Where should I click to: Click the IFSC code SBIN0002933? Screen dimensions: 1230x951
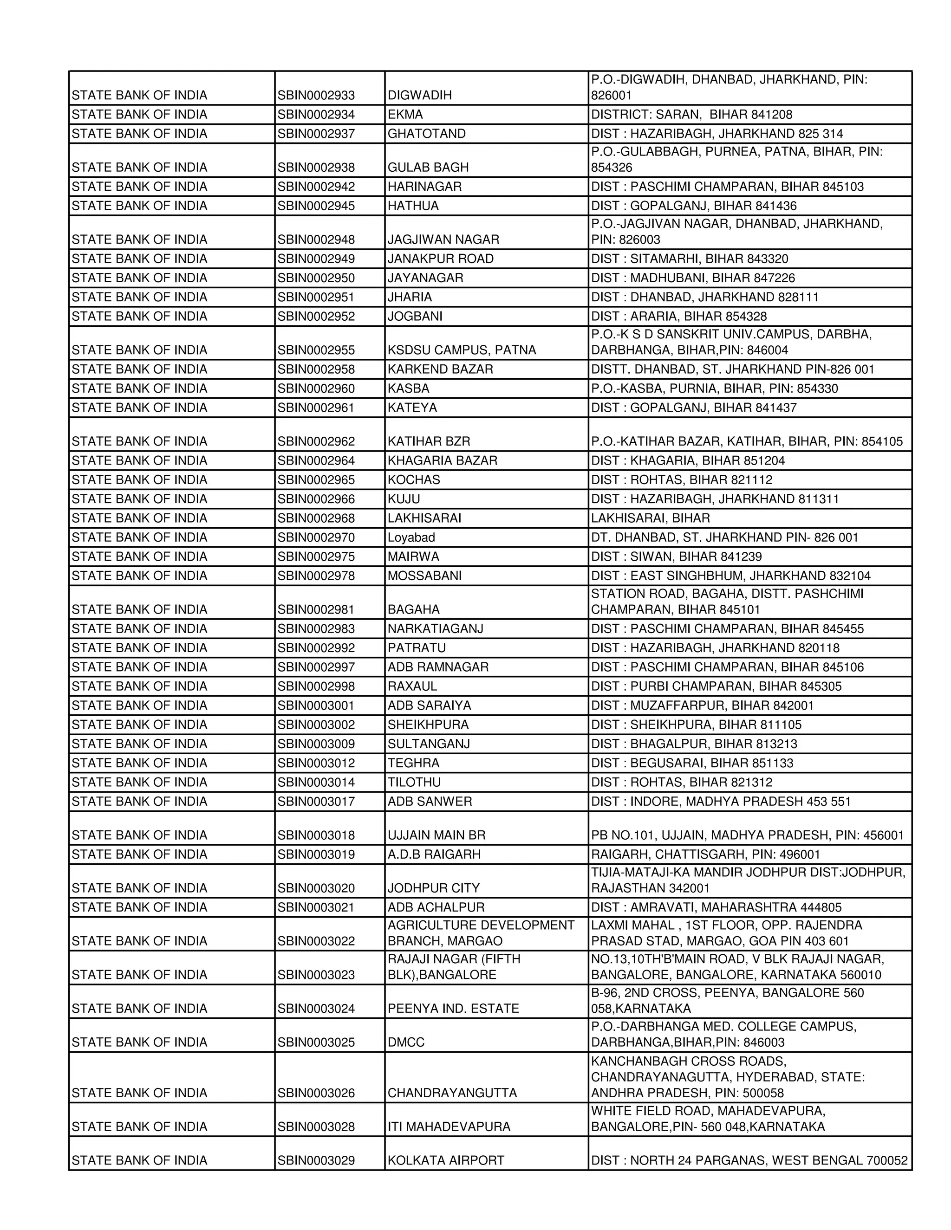pyautogui.click(x=316, y=95)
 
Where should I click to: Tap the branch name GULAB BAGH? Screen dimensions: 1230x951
pyautogui.click(x=428, y=167)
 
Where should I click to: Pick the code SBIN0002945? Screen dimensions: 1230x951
pyautogui.click(x=316, y=206)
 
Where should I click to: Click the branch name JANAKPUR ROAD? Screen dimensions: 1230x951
pyautogui.click(x=441, y=259)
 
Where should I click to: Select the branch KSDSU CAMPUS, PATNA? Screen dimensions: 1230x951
pyautogui.click(x=462, y=350)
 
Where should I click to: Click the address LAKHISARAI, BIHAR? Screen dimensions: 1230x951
pyautogui.click(x=650, y=518)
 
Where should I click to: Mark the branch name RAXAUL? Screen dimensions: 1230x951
pyautogui.click(x=412, y=686)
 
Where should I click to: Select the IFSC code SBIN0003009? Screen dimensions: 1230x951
pyautogui.click(x=316, y=744)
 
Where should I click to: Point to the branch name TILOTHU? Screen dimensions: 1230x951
pyautogui.click(x=414, y=782)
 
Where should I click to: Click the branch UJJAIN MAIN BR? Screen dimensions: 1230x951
pyautogui.click(x=436, y=835)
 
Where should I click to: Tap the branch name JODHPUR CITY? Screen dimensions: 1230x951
pyautogui.click(x=434, y=888)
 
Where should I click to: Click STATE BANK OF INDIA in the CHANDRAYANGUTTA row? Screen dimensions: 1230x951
pyautogui.click(x=139, y=1093)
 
